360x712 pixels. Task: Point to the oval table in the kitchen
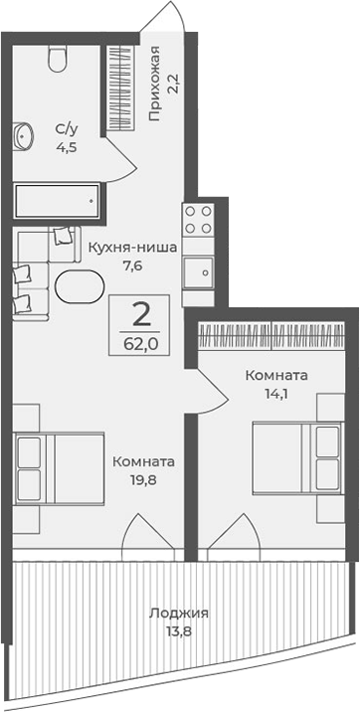[78, 287]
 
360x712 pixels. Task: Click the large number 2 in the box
[142, 317]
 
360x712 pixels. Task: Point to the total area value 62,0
[142, 347]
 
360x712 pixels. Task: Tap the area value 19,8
[144, 478]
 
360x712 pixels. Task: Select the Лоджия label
[166, 614]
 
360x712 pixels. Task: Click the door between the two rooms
[211, 388]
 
